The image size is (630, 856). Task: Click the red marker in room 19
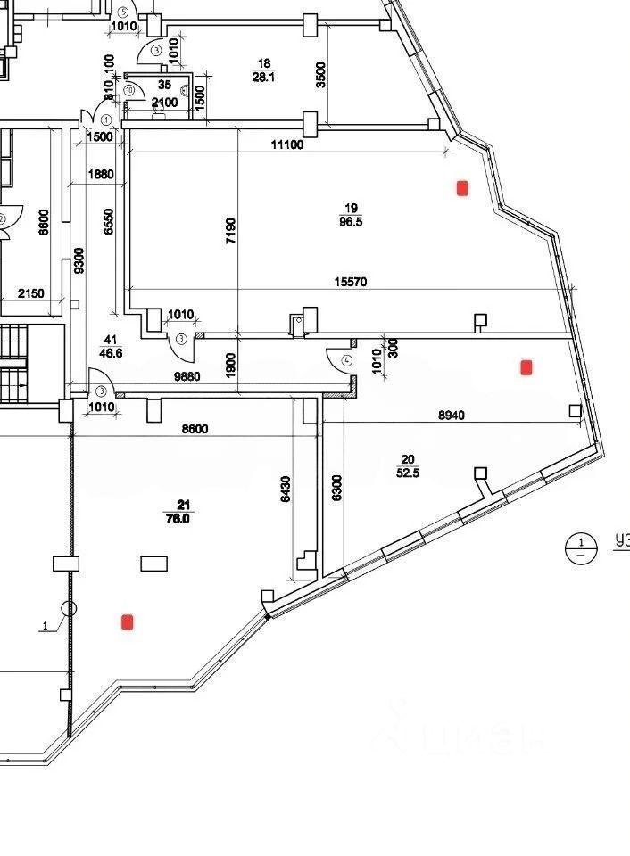(462, 187)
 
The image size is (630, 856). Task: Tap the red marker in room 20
(526, 366)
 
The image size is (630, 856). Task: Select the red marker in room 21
(128, 621)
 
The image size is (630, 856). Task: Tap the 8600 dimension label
(195, 429)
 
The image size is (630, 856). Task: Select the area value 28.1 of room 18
(263, 77)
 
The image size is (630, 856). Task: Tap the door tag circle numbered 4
(347, 361)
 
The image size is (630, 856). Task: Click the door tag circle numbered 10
(129, 90)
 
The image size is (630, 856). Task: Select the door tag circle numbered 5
(121, 11)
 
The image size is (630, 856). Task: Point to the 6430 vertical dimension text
(286, 490)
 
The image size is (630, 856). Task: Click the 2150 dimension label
(32, 293)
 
